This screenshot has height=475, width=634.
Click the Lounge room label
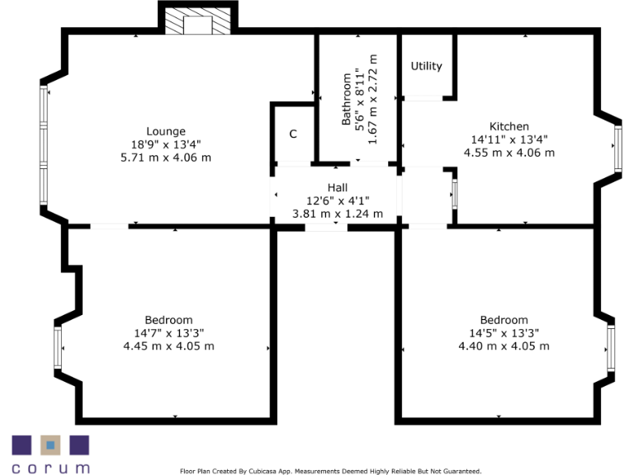pos(166,131)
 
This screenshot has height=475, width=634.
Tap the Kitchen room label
pos(509,126)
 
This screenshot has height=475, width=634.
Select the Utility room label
pos(427,66)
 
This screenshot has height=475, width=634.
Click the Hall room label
pos(338,187)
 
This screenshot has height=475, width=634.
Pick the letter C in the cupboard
pos(293,134)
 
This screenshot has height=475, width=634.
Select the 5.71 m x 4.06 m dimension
pos(166,157)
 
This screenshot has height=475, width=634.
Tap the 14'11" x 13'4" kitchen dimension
pos(509,139)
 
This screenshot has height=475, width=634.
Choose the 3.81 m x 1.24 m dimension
pos(338,213)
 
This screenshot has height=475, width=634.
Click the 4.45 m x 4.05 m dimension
pos(168,346)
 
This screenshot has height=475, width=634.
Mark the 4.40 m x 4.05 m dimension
pos(504,346)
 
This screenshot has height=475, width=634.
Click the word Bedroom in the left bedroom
pos(168,320)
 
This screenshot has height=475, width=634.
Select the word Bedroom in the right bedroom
pos(504,320)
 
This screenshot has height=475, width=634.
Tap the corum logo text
pos(50,468)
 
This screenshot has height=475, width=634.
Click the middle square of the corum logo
pos(50,445)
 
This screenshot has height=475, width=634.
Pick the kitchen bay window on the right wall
pos(616,148)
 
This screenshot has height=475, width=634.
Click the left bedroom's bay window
pos(58,348)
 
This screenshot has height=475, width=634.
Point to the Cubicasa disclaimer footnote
pos(330,472)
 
